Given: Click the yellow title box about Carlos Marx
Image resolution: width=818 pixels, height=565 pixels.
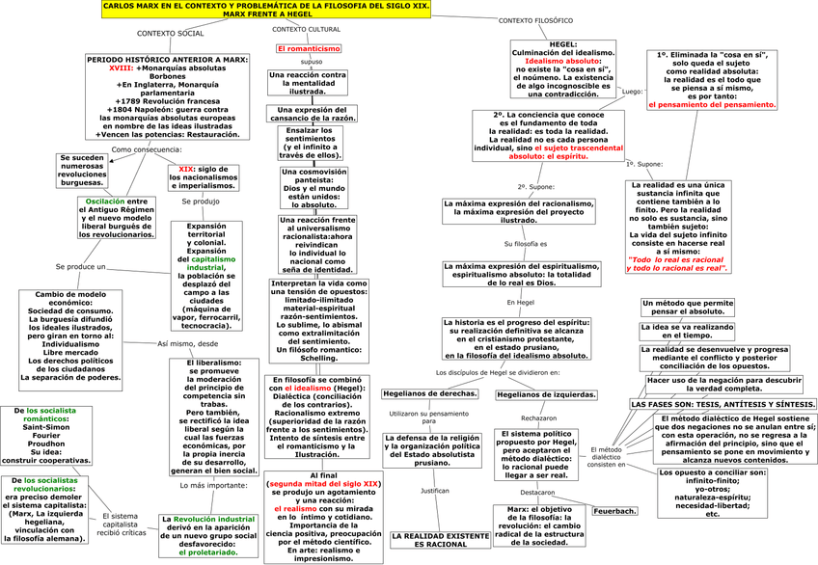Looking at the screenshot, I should click(266, 10).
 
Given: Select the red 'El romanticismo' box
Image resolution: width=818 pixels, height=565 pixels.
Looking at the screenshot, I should click(307, 48).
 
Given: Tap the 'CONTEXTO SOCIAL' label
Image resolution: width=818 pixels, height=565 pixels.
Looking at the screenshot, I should click(171, 34).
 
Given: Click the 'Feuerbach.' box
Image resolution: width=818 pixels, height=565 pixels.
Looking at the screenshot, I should click(614, 511).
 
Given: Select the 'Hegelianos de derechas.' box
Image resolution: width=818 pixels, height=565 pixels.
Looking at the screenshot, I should click(429, 393).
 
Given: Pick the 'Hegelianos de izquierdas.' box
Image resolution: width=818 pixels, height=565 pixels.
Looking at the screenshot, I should click(546, 394).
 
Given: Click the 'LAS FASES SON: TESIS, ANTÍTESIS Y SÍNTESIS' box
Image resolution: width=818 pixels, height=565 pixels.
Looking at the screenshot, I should click(723, 404).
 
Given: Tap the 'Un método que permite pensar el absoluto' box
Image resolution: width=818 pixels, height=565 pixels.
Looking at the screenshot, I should click(686, 308).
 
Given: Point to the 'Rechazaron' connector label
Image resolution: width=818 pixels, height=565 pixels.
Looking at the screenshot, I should click(538, 418).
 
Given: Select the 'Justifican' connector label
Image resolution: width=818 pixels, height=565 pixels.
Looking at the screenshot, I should click(434, 491).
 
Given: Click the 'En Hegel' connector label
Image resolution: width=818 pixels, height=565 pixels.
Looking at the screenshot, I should click(520, 303).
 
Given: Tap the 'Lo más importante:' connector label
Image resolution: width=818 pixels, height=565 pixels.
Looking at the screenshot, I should click(213, 485).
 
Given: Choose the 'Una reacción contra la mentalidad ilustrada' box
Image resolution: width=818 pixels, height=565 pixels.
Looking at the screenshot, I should click(307, 82).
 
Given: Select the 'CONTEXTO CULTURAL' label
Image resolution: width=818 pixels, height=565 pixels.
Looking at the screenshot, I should click(307, 30).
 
